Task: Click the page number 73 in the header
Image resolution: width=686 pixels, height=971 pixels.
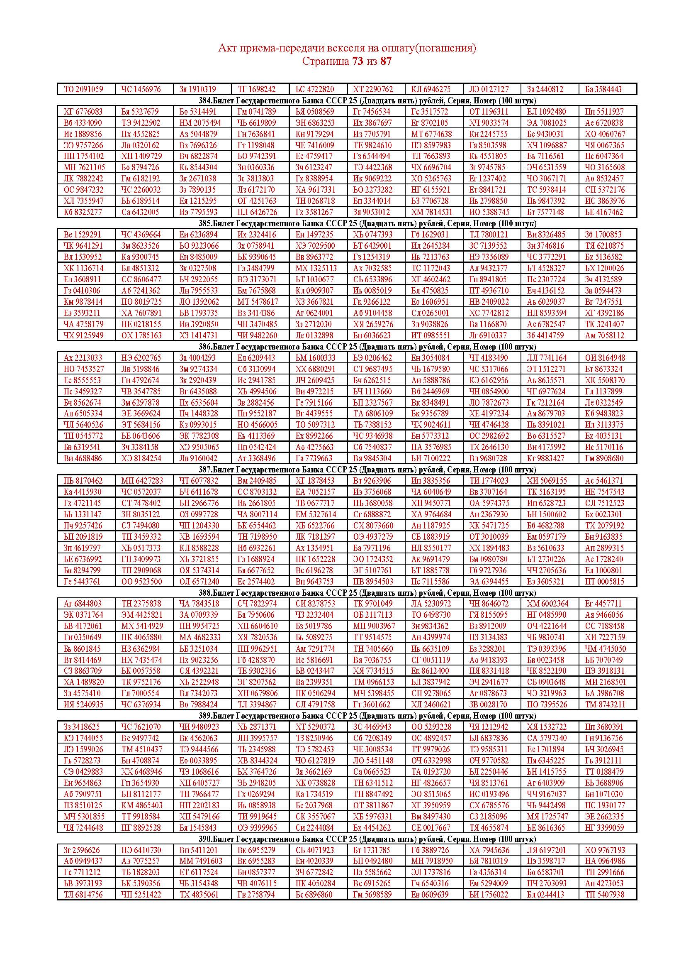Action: tap(358, 61)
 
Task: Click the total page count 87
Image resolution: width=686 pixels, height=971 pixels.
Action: tap(386, 61)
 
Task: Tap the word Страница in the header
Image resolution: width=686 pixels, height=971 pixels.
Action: tap(326, 61)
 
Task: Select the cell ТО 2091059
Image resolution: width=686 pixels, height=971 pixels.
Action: tap(83, 89)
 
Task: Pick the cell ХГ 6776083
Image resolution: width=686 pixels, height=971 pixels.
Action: tap(83, 112)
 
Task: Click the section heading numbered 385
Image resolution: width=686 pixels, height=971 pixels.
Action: tap(347, 223)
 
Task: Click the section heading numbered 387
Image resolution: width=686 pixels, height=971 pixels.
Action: tap(347, 470)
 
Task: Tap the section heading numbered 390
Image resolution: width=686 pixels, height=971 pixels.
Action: tap(347, 839)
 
